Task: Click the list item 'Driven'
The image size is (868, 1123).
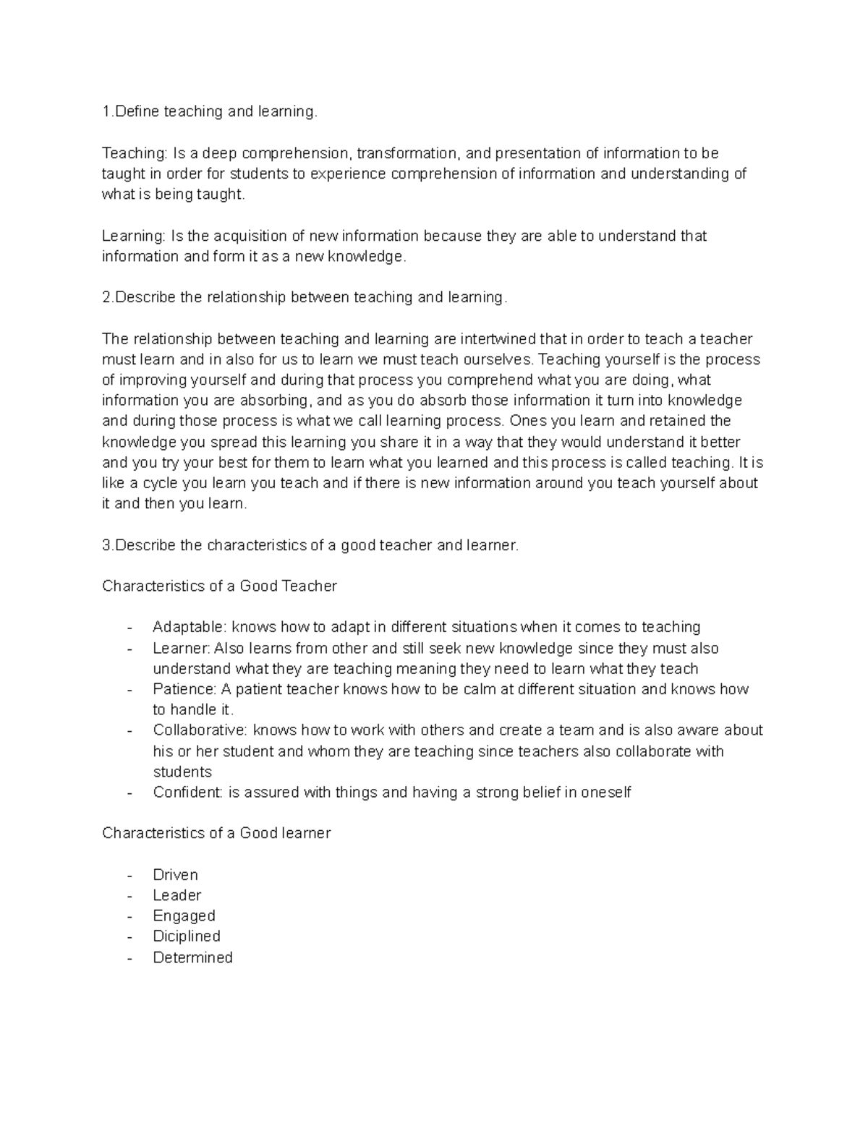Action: click(175, 875)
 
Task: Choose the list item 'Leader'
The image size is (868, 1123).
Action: click(176, 895)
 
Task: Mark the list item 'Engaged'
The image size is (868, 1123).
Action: click(184, 916)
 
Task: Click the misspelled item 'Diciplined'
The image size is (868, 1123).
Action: click(187, 936)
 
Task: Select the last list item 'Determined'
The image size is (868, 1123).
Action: click(192, 957)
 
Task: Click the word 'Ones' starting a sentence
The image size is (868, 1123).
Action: click(527, 421)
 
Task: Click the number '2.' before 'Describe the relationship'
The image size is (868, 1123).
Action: click(109, 297)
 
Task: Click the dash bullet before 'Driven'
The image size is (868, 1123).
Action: click(129, 875)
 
